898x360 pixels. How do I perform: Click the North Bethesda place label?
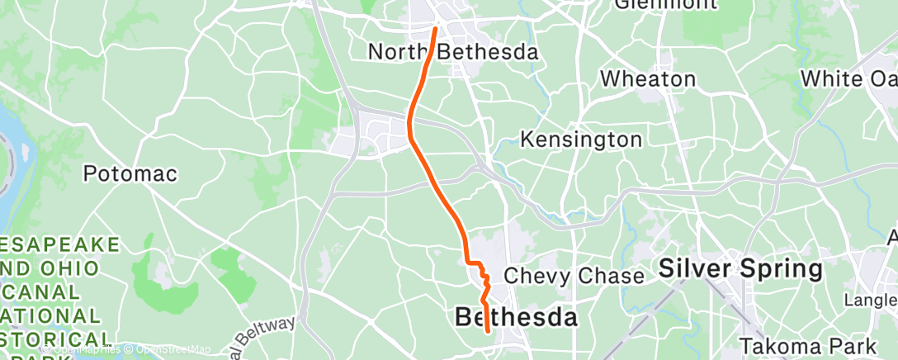click(453, 52)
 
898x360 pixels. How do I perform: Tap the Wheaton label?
click(648, 79)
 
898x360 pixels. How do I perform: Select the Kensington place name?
click(581, 140)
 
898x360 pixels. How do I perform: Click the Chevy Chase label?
click(574, 275)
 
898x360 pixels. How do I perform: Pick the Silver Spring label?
click(740, 269)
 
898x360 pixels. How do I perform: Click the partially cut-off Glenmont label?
click(665, 5)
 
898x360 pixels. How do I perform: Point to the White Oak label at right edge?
click(849, 79)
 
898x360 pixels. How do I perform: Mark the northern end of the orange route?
click(435, 29)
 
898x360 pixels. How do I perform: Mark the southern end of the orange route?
click(489, 332)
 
